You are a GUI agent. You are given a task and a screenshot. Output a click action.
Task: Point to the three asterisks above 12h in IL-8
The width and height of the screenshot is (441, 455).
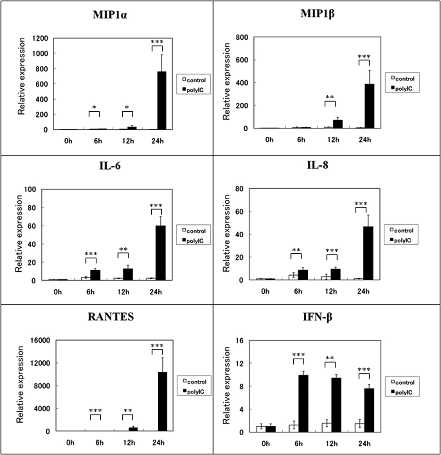pyautogui.click(x=332, y=250)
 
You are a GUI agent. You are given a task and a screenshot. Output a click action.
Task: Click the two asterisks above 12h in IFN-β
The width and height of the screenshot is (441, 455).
pyautogui.click(x=330, y=358)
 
